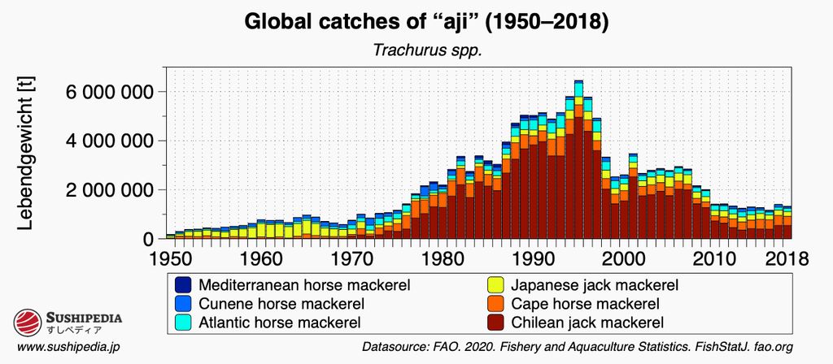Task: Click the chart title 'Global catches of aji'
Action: (416, 23)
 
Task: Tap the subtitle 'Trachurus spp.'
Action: (416, 50)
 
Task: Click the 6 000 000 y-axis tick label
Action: (99, 92)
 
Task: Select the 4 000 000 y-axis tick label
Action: (99, 141)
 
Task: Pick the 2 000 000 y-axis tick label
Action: (99, 190)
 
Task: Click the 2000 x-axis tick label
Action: (623, 259)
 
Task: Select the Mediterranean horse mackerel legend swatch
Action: (184, 285)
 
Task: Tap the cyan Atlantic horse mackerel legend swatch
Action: (184, 323)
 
